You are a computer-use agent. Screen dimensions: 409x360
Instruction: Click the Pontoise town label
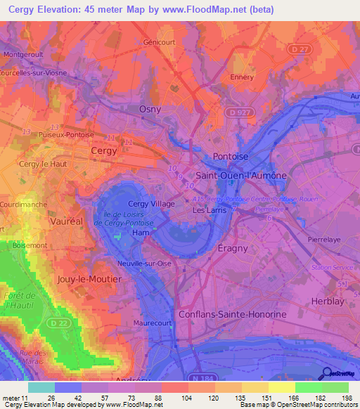pos(231,156)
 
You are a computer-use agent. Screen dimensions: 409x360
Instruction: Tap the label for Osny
pos(149,109)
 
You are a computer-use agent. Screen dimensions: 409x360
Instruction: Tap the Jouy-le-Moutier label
pos(91,279)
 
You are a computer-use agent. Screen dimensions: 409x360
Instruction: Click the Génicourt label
pos(159,42)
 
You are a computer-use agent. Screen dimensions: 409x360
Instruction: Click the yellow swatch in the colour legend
pos(282,387)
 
